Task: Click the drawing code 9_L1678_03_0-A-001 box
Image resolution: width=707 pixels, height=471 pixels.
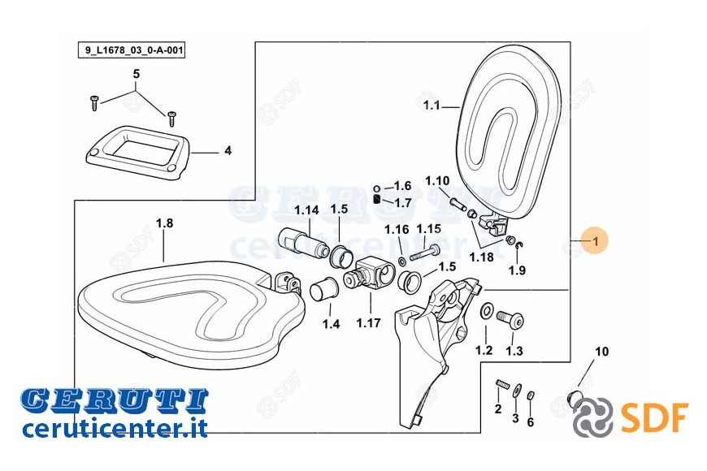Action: tap(131, 50)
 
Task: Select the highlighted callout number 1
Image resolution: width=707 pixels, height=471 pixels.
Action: tap(595, 241)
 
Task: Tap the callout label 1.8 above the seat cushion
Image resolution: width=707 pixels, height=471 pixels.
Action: tap(165, 223)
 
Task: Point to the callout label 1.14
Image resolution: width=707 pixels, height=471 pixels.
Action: tap(306, 210)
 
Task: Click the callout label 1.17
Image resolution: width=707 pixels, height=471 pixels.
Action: tap(368, 322)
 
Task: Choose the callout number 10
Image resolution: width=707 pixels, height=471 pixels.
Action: tap(602, 351)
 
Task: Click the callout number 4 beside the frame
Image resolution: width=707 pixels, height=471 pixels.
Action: tap(228, 150)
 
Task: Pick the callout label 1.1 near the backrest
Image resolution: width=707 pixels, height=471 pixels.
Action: tap(432, 106)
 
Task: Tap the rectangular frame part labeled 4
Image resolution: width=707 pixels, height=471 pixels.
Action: tap(138, 153)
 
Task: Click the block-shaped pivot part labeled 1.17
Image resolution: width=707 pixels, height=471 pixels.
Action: tap(369, 274)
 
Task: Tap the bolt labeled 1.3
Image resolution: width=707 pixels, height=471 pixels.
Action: tap(510, 320)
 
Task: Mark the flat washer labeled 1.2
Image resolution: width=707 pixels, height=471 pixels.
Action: tap(487, 310)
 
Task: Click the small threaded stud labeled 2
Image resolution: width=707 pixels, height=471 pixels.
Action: tap(502, 384)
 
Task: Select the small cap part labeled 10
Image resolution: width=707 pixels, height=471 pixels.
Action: tap(574, 399)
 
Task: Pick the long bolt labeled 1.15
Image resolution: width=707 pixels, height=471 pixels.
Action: tap(425, 253)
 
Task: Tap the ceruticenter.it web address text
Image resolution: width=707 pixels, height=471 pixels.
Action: tap(115, 428)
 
